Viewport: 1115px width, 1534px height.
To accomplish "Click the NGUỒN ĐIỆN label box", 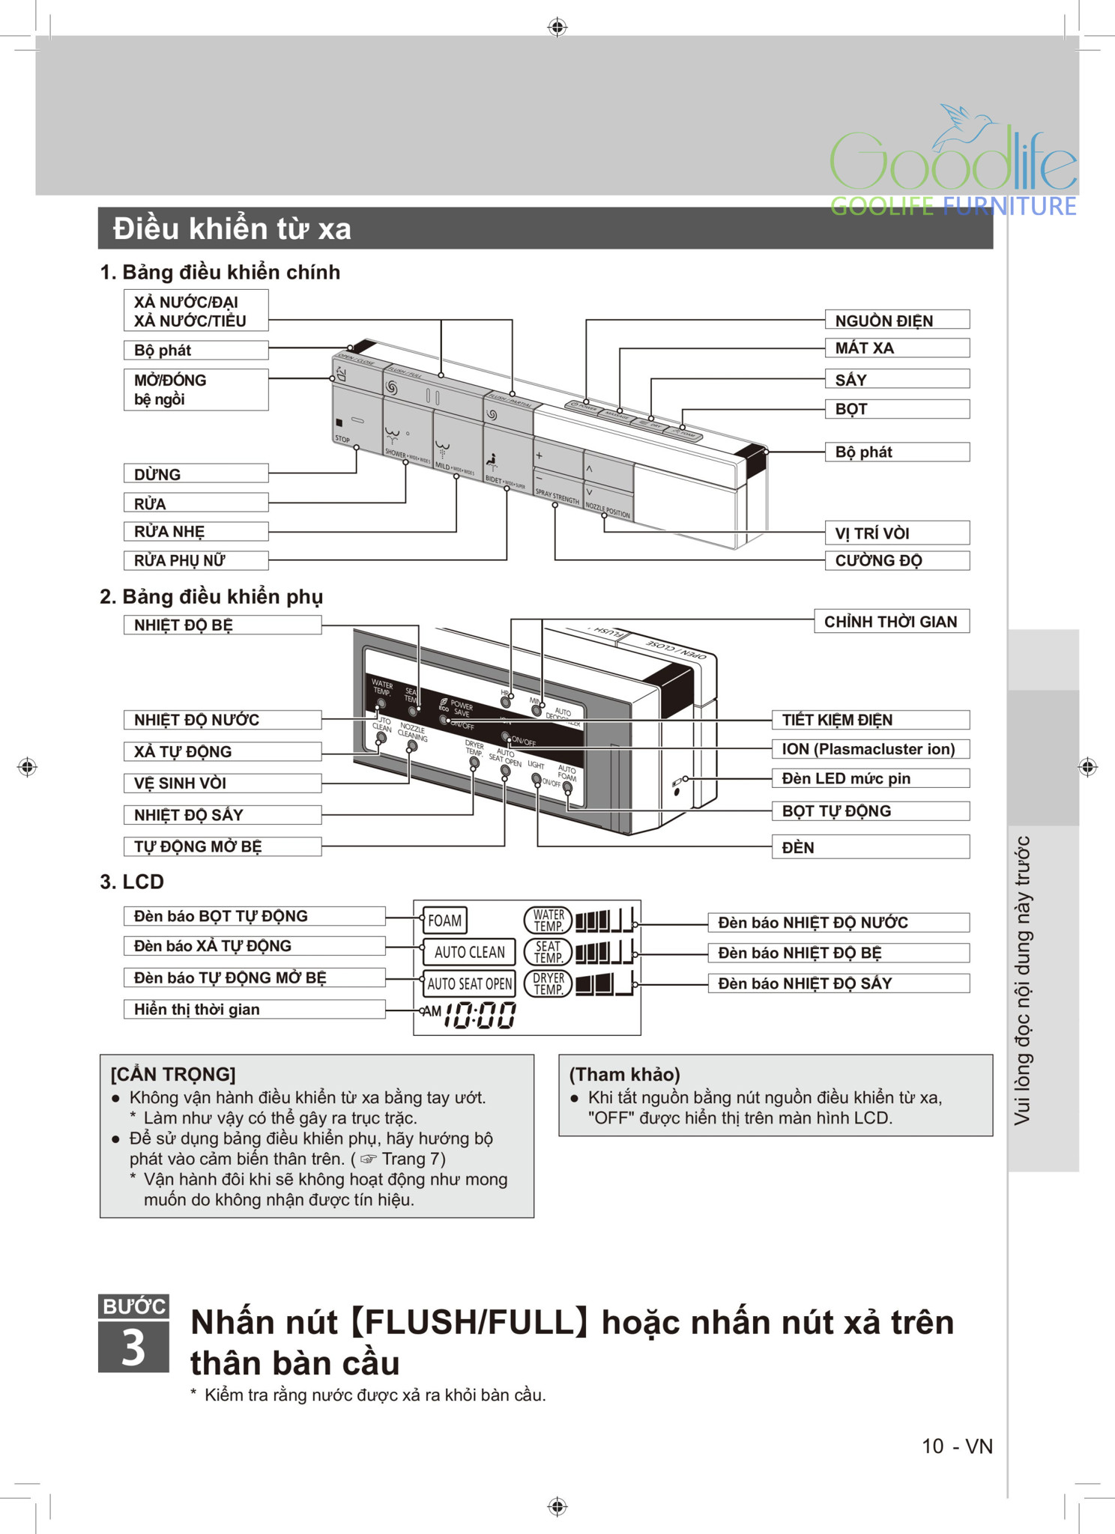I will click(896, 320).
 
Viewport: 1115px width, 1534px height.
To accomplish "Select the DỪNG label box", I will click(196, 473).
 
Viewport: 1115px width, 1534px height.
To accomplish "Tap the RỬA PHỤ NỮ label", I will click(196, 560).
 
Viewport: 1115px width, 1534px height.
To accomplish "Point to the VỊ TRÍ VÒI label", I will click(896, 533).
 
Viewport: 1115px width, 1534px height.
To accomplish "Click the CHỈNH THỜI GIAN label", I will click(891, 621).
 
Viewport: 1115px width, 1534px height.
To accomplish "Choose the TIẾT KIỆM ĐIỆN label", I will click(870, 720).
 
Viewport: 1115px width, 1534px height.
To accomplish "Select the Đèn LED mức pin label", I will click(870, 778).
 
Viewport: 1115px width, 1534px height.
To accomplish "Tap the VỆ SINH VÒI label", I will click(222, 783).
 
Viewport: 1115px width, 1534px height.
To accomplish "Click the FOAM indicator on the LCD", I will click(445, 921).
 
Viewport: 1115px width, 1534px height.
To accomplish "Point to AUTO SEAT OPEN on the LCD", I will click(470, 983).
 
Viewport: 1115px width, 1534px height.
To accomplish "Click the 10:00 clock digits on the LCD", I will click(480, 1015).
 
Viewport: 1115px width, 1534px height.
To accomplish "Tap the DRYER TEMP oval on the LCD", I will click(549, 983).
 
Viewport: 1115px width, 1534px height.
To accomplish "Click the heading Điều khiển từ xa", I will click(232, 228).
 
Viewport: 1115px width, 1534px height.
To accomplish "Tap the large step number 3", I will click(133, 1348).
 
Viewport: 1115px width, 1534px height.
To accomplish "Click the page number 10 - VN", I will click(956, 1446).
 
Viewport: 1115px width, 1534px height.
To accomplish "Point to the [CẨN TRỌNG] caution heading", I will click(173, 1074).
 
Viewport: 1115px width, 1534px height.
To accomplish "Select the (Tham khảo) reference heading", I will click(624, 1074).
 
